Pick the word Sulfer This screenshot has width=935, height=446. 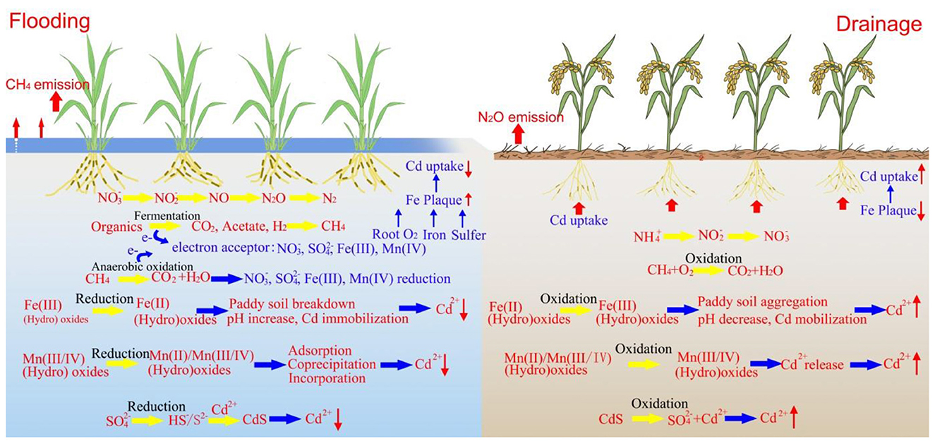[x=467, y=234]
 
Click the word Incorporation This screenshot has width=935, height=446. [x=327, y=378]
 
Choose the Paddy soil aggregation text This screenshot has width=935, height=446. [x=767, y=304]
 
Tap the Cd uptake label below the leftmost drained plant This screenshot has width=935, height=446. [x=579, y=221]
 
